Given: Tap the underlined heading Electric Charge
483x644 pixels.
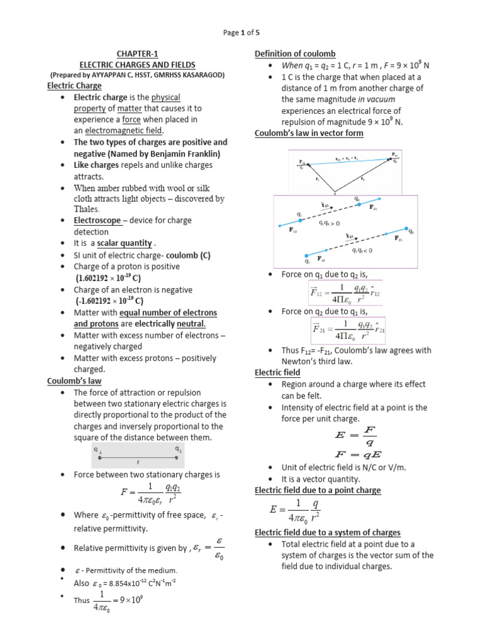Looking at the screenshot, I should [x=74, y=86].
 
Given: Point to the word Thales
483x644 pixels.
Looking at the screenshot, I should [x=87, y=209].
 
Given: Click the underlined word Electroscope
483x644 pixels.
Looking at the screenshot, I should [x=97, y=220].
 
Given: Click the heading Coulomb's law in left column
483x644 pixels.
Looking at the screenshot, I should [x=74, y=381].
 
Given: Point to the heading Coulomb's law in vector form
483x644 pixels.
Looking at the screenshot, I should [x=309, y=133].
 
